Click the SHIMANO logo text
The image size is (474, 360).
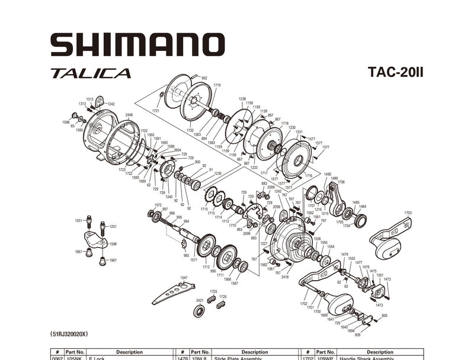point(137,45)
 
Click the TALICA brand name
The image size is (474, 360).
point(91,74)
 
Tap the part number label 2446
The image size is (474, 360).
point(129,115)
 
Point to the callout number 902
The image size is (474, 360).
point(204,78)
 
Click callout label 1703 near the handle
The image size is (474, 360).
point(408,213)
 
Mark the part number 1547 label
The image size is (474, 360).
point(184,277)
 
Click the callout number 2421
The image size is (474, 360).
point(200,301)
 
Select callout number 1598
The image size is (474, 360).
point(113,244)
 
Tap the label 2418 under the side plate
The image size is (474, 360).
point(285,277)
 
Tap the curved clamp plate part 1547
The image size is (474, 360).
point(172,292)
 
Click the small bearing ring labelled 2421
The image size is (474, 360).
point(200,311)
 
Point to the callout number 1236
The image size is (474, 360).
point(242,99)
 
